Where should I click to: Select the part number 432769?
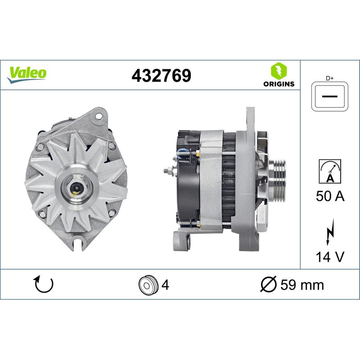click(161, 76)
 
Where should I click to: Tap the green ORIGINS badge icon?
click(279, 71)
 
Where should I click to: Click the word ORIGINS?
click(279, 84)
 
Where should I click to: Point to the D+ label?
click(330, 78)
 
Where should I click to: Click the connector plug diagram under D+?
click(330, 97)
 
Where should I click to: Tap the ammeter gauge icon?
click(330, 171)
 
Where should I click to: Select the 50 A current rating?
click(330, 197)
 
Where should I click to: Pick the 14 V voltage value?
click(330, 257)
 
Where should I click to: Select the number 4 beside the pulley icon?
click(165, 285)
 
